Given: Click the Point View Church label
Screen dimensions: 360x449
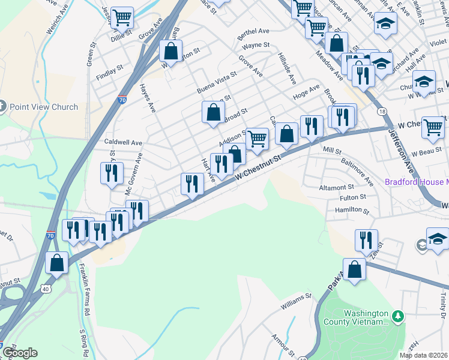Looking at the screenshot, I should [44, 107].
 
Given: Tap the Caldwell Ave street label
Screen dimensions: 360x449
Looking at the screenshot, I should [123, 143].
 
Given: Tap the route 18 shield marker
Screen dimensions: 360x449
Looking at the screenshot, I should [381, 112].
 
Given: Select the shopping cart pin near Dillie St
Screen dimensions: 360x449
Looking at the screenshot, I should [122, 17].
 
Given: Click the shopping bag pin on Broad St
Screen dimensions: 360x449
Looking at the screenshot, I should [213, 112].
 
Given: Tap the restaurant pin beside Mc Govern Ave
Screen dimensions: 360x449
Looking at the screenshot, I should [112, 174].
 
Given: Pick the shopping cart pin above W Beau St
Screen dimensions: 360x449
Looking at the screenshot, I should [433, 127].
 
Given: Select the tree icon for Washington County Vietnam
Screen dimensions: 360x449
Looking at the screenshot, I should [396, 316].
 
